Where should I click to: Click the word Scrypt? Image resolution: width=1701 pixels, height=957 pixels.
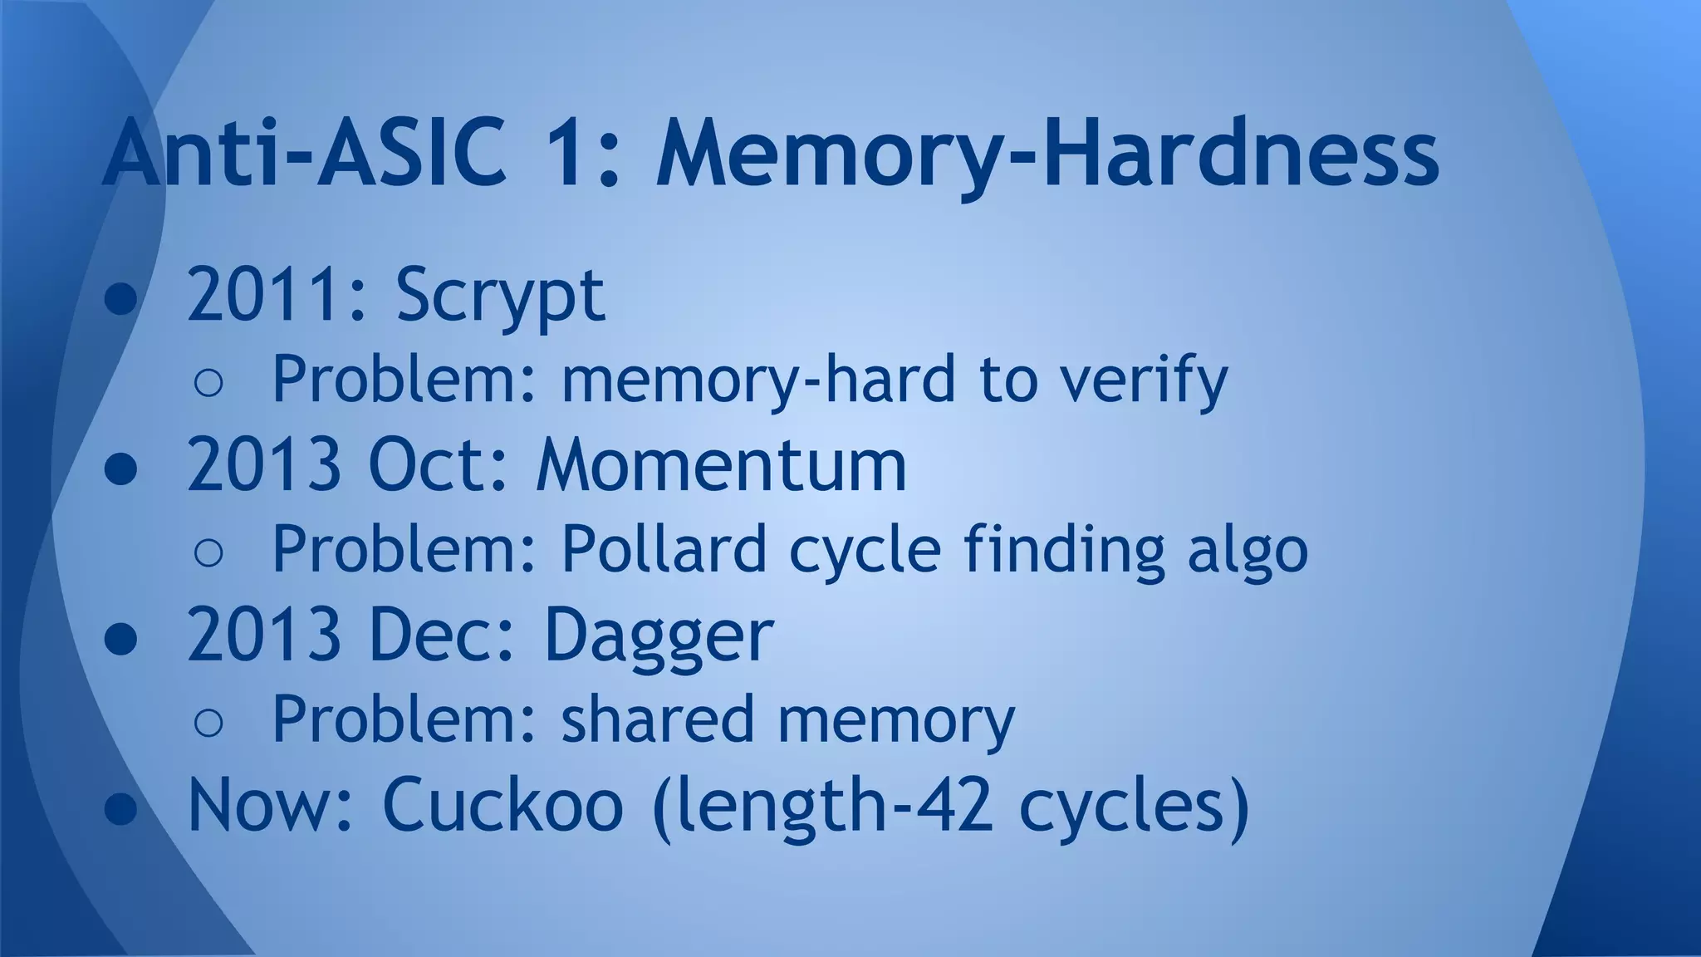(500, 296)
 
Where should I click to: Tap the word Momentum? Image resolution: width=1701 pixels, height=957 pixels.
(721, 465)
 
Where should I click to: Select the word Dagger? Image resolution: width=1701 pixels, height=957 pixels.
(658, 636)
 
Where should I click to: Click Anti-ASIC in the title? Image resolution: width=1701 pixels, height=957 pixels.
(304, 155)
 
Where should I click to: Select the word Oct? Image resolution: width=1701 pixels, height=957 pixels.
(431, 465)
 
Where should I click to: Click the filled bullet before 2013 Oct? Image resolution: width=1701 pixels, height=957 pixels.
(121, 469)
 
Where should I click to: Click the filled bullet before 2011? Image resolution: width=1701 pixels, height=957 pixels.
(121, 300)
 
